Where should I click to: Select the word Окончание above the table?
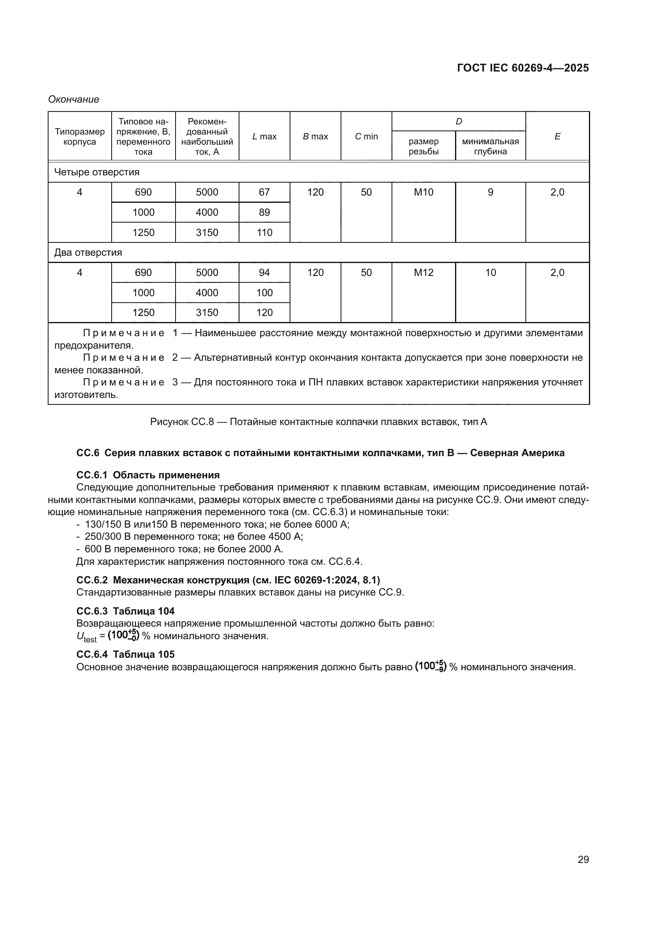[x=74, y=99]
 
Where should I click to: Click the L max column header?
[x=264, y=136]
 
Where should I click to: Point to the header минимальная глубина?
[x=490, y=146]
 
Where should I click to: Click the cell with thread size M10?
[x=423, y=192]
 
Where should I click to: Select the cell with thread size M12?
[x=423, y=272]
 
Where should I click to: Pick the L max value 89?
[x=264, y=213]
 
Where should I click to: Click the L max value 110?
[x=264, y=233]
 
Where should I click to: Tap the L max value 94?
[x=264, y=272]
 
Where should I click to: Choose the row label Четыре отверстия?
[x=97, y=172]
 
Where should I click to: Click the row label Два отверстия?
[x=88, y=252]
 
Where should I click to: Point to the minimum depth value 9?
[x=490, y=192]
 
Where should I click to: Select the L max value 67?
[x=264, y=192]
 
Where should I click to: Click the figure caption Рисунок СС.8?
[x=318, y=421]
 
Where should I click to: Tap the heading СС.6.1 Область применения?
[x=148, y=475]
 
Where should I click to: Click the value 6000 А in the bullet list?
[x=332, y=524]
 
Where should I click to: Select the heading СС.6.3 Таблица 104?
[x=125, y=611]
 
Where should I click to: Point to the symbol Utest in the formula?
[x=86, y=636]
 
